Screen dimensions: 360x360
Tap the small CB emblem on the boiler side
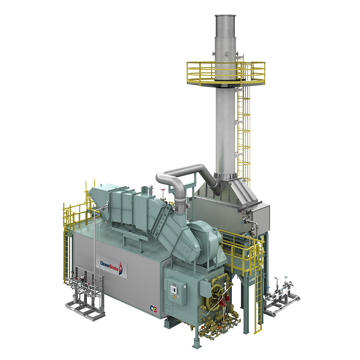pyautogui.click(x=154, y=309)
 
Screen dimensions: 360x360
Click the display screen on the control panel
pyautogui.click(x=174, y=288)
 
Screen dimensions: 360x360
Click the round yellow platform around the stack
pyautogui.click(x=226, y=73)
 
